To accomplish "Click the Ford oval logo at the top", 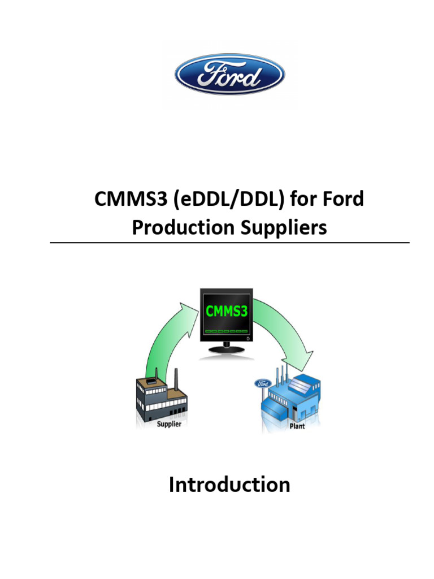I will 229,74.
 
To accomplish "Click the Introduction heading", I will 229,485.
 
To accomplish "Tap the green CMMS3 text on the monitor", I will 226,310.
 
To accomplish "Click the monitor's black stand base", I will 227,351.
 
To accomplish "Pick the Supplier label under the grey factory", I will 168,424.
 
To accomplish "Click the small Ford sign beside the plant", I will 263,384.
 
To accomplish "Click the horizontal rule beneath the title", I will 229,243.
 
